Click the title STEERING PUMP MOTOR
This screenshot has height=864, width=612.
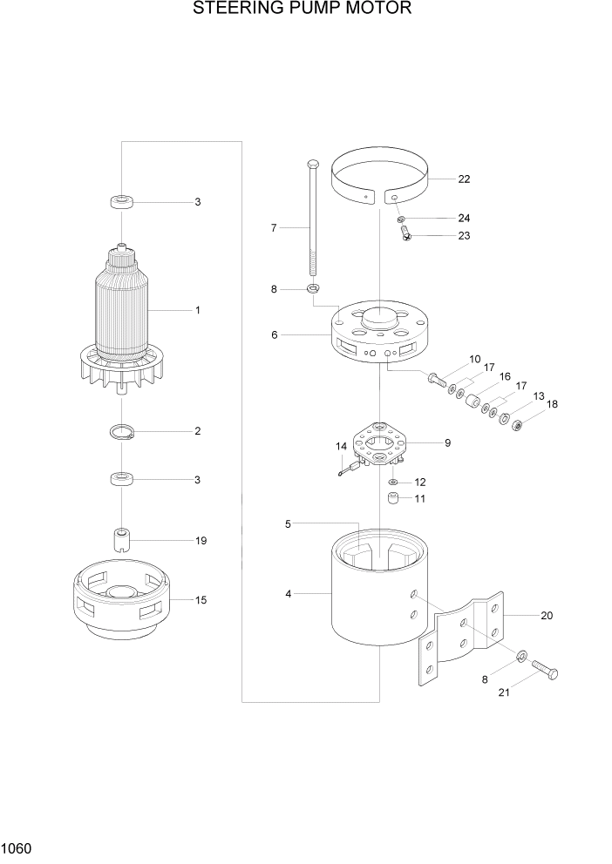[302, 10]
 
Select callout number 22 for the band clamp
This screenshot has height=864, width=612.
[464, 179]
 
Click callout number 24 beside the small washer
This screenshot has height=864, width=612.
[464, 218]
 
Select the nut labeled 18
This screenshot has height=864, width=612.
[517, 425]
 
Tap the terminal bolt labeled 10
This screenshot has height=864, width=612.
[437, 378]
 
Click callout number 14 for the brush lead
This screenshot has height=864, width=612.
[342, 446]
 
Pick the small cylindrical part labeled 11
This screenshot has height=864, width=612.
[394, 500]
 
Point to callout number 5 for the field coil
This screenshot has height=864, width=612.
[287, 523]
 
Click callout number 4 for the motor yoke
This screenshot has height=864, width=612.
[287, 594]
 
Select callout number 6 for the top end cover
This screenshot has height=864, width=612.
[275, 334]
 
